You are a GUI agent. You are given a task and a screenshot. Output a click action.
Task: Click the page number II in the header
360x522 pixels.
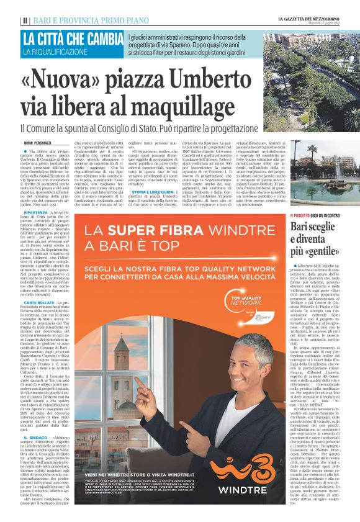tap(24, 20)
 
